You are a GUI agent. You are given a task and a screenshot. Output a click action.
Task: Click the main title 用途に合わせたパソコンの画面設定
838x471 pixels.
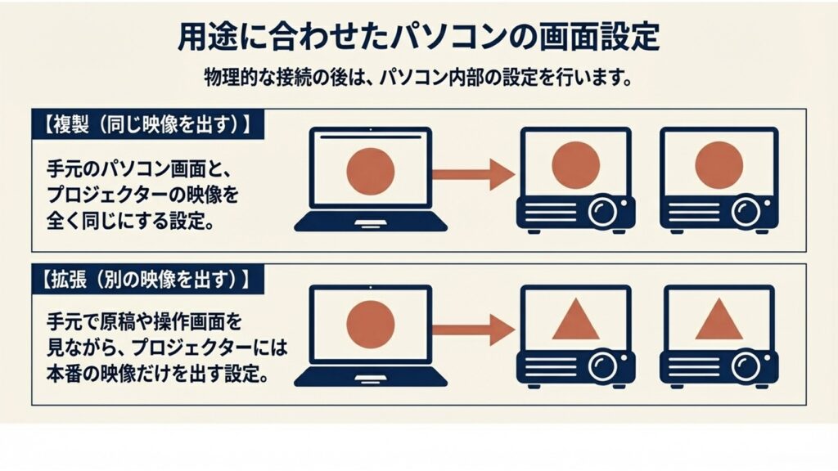tap(418, 39)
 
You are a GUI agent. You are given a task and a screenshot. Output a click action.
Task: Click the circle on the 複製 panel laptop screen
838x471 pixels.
tap(371, 170)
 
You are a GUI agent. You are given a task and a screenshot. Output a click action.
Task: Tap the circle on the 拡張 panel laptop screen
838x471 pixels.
tap(371, 325)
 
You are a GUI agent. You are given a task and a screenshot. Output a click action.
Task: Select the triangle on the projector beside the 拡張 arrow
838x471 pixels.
tap(576, 320)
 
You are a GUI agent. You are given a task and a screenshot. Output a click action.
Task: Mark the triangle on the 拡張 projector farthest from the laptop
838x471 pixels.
tap(719, 320)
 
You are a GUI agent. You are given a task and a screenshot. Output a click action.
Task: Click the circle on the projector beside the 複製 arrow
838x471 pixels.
tap(576, 164)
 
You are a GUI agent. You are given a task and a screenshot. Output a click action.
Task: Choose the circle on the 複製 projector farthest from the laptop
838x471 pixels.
tap(719, 164)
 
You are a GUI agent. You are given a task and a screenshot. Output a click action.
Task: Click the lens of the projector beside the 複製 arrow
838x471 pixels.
tap(603, 212)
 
